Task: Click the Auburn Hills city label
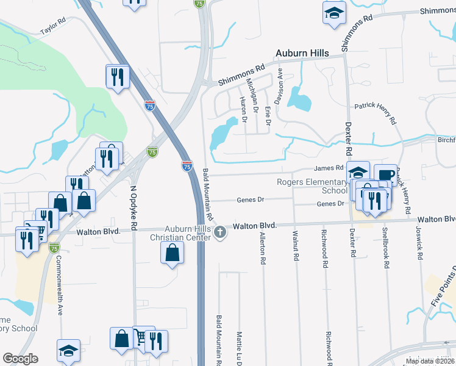(302, 53)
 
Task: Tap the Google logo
(20, 359)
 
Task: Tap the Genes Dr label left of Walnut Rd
(251, 199)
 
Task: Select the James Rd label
(329, 168)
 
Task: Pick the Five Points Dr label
(440, 290)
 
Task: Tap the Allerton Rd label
(263, 248)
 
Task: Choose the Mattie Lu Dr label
(239, 347)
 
